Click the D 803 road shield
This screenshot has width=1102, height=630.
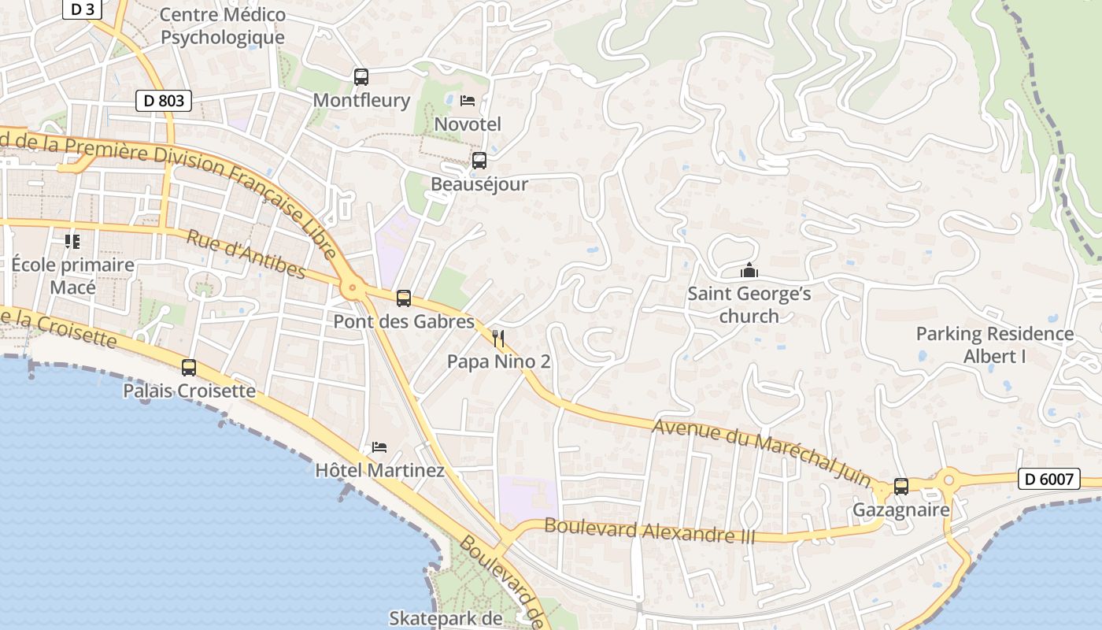point(164,101)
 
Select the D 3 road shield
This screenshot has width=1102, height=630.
point(83,9)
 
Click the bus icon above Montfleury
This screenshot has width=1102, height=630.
point(361,77)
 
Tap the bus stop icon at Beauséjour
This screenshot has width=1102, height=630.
point(479,161)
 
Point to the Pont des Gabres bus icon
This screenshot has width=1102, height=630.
point(404,298)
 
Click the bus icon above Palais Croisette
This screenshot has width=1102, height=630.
point(189,368)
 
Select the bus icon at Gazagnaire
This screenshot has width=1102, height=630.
point(901,487)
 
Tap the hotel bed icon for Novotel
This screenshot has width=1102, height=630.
point(468,101)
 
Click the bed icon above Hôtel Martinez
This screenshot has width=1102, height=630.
point(379,447)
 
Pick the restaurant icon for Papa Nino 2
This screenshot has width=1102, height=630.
point(498,339)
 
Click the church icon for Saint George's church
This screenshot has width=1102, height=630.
point(749,272)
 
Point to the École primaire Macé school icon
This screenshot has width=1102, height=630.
point(72,241)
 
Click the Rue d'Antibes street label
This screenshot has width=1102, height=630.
point(246,254)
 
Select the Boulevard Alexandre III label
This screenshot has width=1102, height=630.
point(649,531)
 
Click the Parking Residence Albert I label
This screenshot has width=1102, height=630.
point(994,345)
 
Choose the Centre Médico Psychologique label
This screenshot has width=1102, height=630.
point(223,26)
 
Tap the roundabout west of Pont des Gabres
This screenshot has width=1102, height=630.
point(353,288)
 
